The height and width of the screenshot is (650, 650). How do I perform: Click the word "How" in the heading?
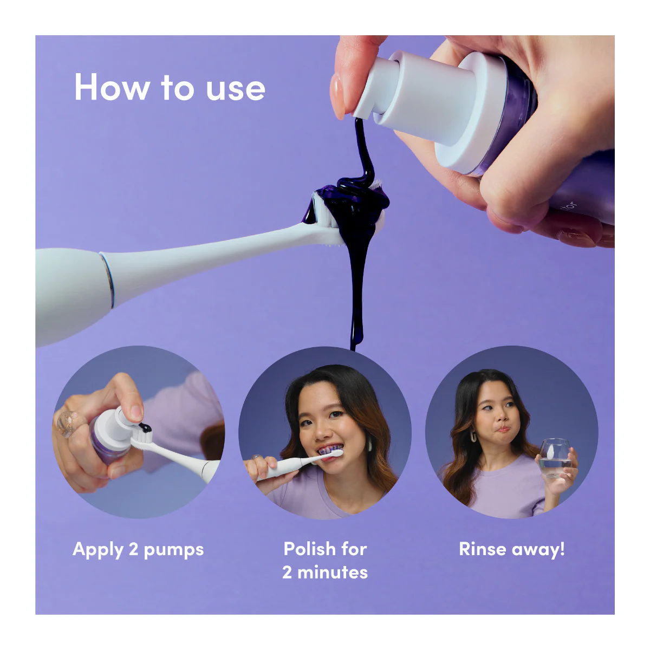[112, 87]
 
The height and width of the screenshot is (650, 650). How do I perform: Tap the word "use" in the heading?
[236, 89]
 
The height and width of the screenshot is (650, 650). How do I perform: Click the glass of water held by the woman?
[555, 458]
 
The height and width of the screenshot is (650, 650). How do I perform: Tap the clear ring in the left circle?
[69, 424]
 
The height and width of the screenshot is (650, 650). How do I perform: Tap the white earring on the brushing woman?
[370, 444]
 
